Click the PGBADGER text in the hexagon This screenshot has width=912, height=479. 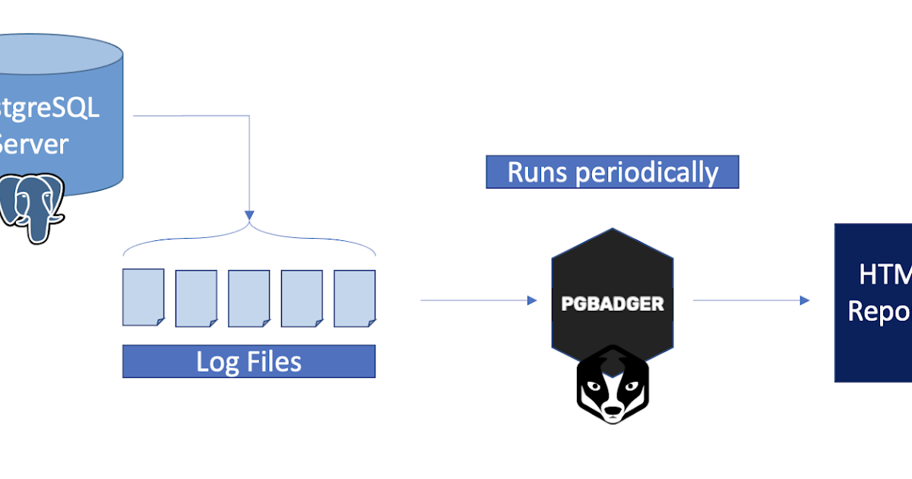click(x=612, y=304)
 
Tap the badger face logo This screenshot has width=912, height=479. click(x=612, y=385)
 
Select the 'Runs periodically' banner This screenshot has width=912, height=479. click(x=612, y=172)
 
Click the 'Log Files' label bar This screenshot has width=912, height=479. click(x=249, y=361)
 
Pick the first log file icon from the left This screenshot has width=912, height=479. click(x=143, y=297)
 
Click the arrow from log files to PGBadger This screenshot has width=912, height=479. click(x=479, y=300)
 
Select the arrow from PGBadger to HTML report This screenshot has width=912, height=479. click(x=751, y=300)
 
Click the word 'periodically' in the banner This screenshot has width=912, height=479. click(x=646, y=173)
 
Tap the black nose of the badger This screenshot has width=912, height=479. click(x=613, y=415)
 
